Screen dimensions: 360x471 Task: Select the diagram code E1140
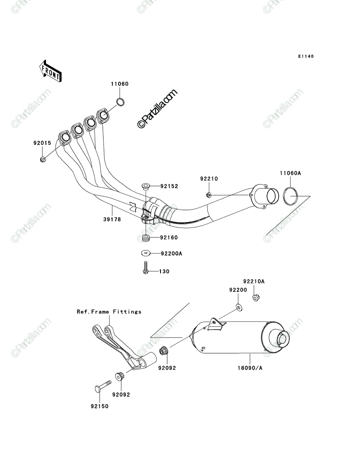[x=306, y=57]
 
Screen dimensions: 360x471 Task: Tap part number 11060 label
[x=119, y=84]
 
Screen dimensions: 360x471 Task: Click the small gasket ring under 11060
[x=121, y=102]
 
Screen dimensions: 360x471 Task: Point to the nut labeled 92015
[x=43, y=159]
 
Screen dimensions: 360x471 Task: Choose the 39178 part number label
[x=112, y=219]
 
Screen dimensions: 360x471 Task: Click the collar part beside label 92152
[x=145, y=186]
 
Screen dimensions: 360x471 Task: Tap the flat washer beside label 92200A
[x=145, y=254]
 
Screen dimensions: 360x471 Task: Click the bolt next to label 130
[x=146, y=267]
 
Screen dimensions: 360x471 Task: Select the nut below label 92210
[x=208, y=195]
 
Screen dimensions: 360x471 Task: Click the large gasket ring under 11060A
[x=291, y=196]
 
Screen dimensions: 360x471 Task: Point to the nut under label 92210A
[x=256, y=298]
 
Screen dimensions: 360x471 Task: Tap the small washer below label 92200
[x=239, y=307]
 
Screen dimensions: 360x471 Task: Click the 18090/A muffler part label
[x=250, y=368]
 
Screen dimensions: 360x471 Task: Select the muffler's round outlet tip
[x=283, y=339]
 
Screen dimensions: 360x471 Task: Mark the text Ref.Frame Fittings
[x=109, y=312]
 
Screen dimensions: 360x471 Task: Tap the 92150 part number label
[x=100, y=406]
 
